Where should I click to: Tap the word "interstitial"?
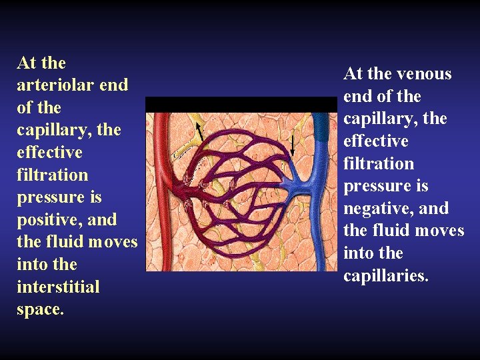click(x=58, y=287)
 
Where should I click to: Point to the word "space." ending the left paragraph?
click(x=41, y=309)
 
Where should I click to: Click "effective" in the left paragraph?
click(x=50, y=153)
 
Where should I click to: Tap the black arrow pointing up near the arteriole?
click(x=199, y=131)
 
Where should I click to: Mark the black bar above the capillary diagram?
click(x=241, y=104)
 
